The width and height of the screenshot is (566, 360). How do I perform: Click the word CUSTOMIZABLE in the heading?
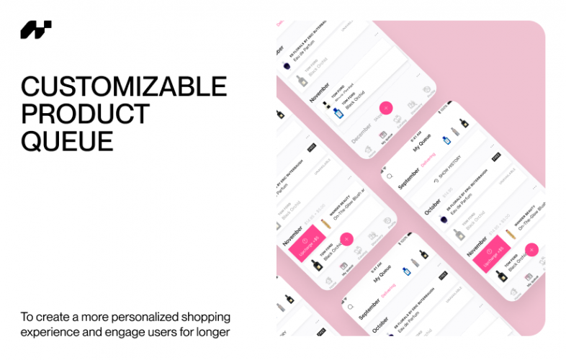tap(123, 87)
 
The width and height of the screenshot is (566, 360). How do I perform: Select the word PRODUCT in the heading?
tap(85, 114)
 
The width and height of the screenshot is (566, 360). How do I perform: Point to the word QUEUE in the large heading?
tap(67, 140)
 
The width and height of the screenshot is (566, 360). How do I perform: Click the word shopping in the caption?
tap(205, 317)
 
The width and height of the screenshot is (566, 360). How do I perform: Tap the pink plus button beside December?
tap(386, 108)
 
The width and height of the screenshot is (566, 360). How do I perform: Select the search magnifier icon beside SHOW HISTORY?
tap(390, 176)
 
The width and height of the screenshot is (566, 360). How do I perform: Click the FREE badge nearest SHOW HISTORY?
tap(496, 156)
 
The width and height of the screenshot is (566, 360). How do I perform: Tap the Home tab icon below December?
tap(368, 150)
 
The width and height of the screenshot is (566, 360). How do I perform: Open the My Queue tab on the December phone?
tap(383, 134)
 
